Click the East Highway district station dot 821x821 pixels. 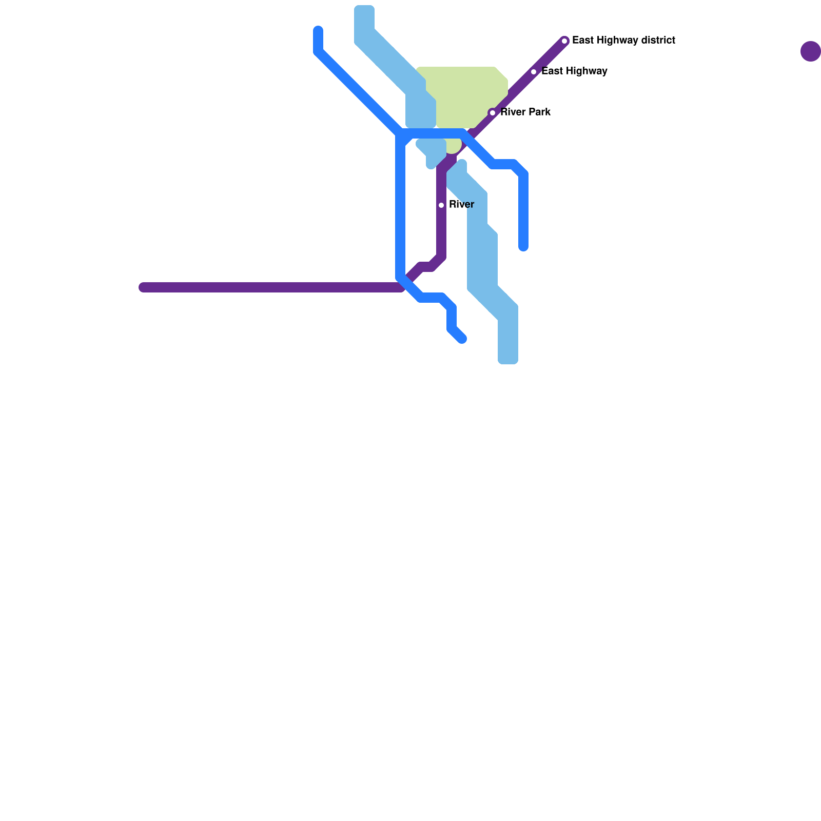pos(564,41)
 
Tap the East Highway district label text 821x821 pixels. pos(623,41)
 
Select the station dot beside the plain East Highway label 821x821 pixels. pos(534,72)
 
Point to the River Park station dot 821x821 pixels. pos(493,113)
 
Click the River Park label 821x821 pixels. pos(525,112)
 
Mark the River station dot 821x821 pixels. pos(441,205)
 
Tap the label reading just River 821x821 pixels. pos(461,205)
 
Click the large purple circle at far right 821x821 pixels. pos(810,51)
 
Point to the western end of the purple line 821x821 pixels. pos(143,287)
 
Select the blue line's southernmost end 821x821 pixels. pos(462,339)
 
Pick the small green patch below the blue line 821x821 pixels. pos(453,146)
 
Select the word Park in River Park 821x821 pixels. pos(540,112)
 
